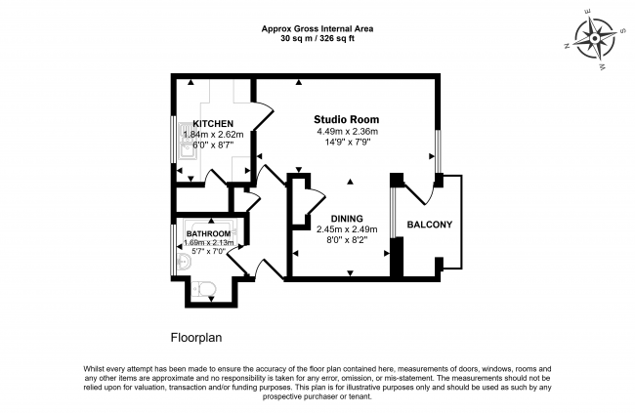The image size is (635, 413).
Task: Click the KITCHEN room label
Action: tap(213, 123)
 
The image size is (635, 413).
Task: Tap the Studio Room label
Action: tap(347, 119)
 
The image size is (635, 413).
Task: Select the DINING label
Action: tap(347, 219)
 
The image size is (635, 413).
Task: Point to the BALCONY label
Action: tap(430, 225)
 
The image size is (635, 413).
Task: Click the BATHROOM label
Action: tap(208, 233)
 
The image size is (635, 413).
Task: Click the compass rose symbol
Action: tap(595, 39)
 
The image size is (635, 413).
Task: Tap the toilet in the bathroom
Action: tap(204, 289)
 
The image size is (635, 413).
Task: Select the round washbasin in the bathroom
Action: tap(184, 263)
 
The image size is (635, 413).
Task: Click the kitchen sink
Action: tap(188, 141)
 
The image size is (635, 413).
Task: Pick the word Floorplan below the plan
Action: tap(196, 337)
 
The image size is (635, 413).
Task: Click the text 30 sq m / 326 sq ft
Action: tap(317, 39)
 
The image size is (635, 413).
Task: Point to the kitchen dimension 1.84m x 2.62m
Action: tap(213, 134)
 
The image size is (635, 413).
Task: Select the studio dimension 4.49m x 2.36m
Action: tap(348, 131)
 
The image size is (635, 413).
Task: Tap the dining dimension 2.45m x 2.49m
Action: tap(347, 229)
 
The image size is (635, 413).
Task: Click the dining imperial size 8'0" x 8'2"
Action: tap(347, 240)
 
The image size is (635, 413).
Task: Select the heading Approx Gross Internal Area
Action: tap(317, 28)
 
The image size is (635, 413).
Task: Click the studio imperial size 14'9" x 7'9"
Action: tap(348, 142)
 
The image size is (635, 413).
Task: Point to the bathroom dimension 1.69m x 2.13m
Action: tap(209, 243)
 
